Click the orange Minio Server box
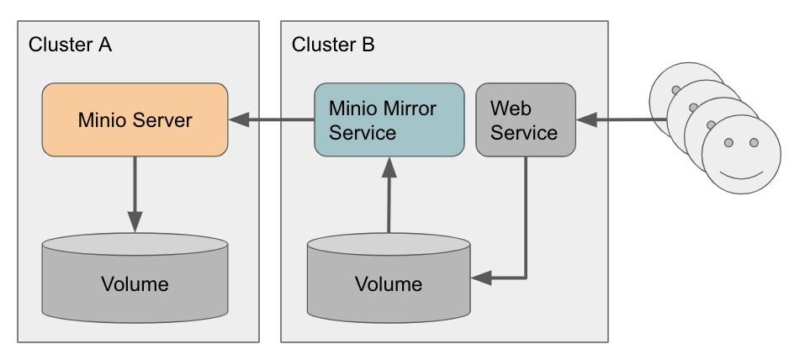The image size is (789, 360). [135, 119]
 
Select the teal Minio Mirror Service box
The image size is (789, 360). [389, 119]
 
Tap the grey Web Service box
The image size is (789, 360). [526, 119]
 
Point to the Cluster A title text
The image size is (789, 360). [70, 45]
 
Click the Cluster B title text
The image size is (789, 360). [333, 45]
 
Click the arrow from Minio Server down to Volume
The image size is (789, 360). [135, 193]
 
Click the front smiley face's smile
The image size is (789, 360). [741, 175]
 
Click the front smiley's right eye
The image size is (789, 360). [754, 143]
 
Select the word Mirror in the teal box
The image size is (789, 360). [407, 109]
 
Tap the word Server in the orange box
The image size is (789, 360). [165, 119]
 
